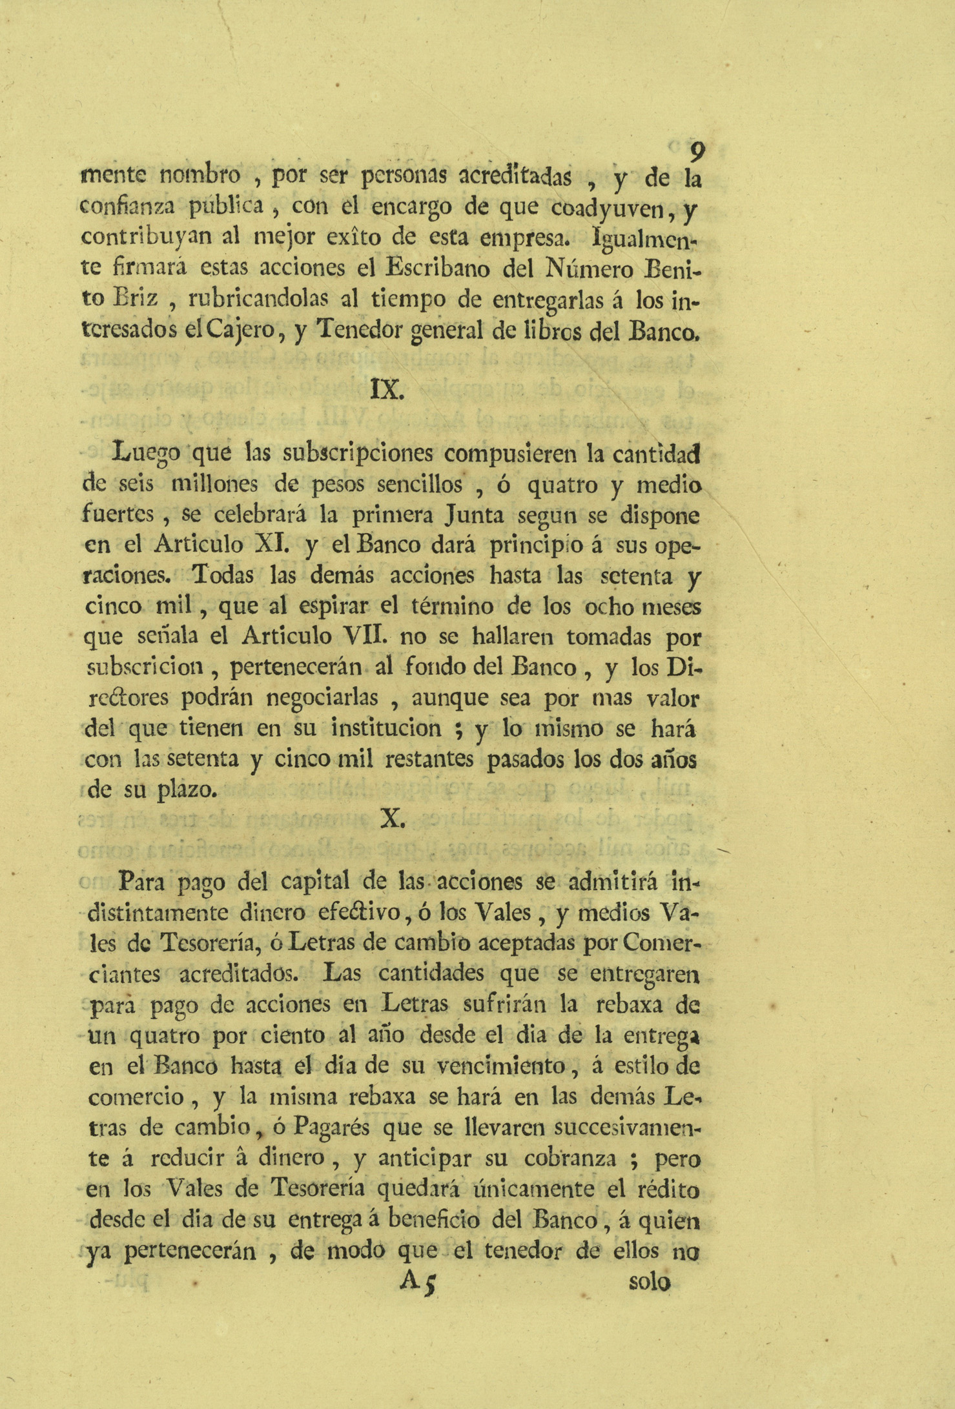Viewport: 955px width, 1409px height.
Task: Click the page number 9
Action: tap(697, 153)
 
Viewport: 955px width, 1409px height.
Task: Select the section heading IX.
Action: tap(387, 390)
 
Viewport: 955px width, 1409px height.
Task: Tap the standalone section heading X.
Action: tap(393, 818)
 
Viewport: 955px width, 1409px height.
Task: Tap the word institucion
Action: tap(386, 729)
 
